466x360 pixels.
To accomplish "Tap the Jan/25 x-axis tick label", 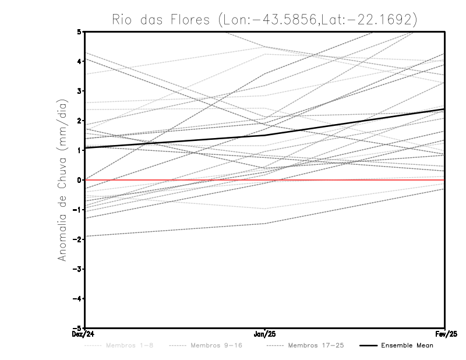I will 265,334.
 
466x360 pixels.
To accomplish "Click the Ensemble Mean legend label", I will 407,345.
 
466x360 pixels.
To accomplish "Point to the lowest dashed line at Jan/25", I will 265,224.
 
